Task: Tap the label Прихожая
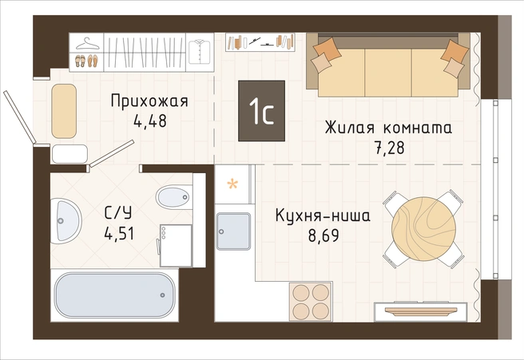[x=149, y=101]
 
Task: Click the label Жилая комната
[x=387, y=128]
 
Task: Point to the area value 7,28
[x=387, y=148]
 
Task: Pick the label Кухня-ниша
[x=323, y=216]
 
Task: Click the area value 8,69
[x=323, y=237]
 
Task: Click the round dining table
[x=423, y=229]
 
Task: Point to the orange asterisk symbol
[x=233, y=185]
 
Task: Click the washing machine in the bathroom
[x=176, y=244]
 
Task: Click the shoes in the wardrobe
[x=86, y=61]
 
